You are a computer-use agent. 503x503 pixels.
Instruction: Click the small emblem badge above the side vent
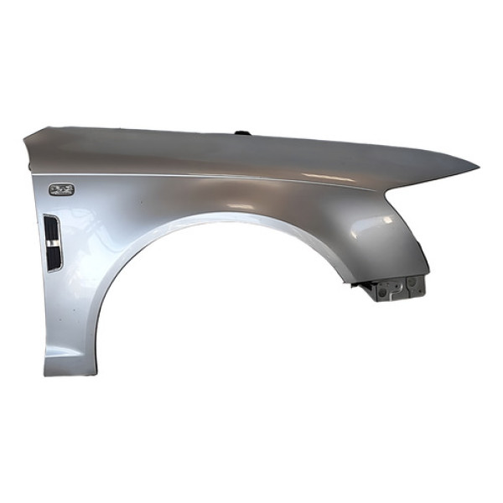coord(61,189)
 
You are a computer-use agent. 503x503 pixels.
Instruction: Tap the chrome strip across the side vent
coord(52,241)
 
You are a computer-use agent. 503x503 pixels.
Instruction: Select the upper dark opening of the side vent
coord(51,227)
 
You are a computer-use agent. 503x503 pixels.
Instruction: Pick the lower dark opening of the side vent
coord(53,257)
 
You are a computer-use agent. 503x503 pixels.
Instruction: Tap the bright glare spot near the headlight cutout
coord(387,220)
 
